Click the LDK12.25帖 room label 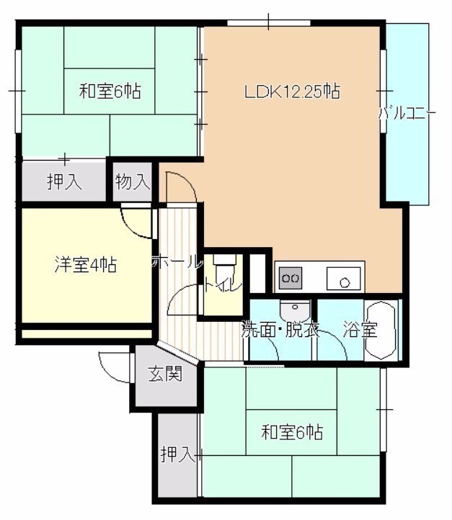coord(292,91)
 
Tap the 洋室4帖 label coord(86,264)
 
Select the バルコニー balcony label coord(407,115)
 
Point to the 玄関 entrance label coord(165,374)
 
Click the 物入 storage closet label coord(133,181)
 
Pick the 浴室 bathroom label coord(360,329)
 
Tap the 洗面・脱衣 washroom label coord(280,329)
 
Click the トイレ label coord(223,285)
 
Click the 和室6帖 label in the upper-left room coord(110,91)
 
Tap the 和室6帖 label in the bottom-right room coord(292,432)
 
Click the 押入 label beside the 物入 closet coord(64,181)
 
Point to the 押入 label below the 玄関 coord(177,454)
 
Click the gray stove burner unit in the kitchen coord(291,277)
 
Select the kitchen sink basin coord(343,279)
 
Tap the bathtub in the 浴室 coord(381,331)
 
